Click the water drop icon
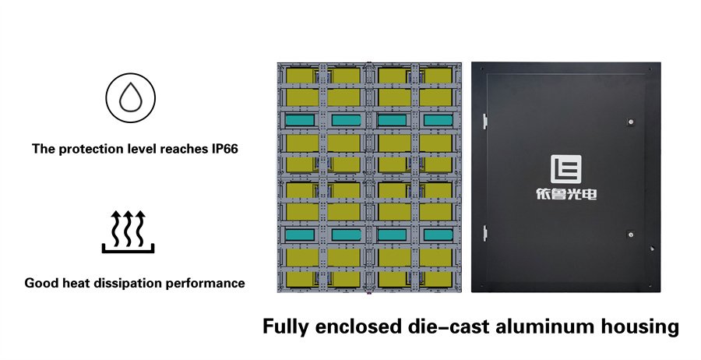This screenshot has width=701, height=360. [x=130, y=98]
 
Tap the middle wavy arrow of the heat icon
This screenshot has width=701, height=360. [x=129, y=228]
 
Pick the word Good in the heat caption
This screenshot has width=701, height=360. [x=37, y=283]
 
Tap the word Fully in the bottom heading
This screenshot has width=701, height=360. [x=285, y=327]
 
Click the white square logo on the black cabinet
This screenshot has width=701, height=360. [x=566, y=169]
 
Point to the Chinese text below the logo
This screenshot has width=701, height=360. [x=566, y=195]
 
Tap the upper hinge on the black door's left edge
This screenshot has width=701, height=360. [x=484, y=122]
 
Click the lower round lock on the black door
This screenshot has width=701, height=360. [x=630, y=234]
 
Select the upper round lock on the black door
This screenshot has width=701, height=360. [x=630, y=122]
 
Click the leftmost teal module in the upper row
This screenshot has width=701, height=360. [x=300, y=120]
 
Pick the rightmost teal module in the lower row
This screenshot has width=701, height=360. [x=438, y=235]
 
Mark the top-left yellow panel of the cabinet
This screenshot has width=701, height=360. [x=302, y=75]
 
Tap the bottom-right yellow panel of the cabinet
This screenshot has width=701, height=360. [x=435, y=280]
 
